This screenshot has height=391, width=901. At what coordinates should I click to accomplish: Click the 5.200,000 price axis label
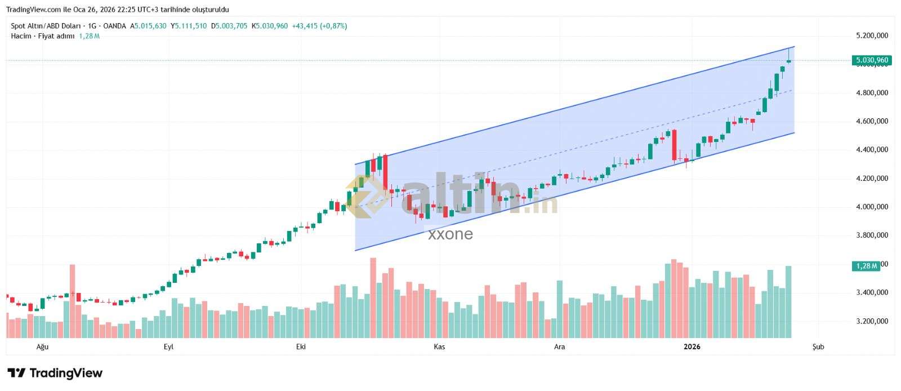point(872,35)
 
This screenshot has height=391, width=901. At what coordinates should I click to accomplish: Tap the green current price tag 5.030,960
point(872,60)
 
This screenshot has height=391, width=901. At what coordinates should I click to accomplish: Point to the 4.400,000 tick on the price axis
point(872,150)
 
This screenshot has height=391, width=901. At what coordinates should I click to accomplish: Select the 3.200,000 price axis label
point(872,321)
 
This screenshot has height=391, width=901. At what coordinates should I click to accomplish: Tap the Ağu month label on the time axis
point(43,346)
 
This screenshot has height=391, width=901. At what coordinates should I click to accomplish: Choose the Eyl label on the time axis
point(168,346)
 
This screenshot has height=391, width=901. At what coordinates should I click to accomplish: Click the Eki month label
point(301,346)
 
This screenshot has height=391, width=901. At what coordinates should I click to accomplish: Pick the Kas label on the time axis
point(439,346)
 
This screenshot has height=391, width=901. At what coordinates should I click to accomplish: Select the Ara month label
point(559,346)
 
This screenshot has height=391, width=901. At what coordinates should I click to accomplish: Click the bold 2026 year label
point(692,346)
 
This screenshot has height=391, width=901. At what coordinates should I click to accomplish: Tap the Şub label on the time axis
point(818,346)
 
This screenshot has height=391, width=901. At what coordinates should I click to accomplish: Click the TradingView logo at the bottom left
point(55,373)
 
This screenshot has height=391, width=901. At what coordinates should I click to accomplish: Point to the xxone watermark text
point(450,234)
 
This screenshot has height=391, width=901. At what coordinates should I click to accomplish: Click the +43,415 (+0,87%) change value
point(319,26)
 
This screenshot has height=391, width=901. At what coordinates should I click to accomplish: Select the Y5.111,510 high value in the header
point(189,26)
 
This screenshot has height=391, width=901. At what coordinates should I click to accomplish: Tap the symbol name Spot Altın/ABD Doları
point(47,26)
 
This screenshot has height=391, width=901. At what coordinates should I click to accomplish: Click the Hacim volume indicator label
point(20,36)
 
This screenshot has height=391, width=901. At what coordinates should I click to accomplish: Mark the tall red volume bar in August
point(72,301)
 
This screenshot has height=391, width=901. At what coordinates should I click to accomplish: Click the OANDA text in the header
point(115,26)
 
